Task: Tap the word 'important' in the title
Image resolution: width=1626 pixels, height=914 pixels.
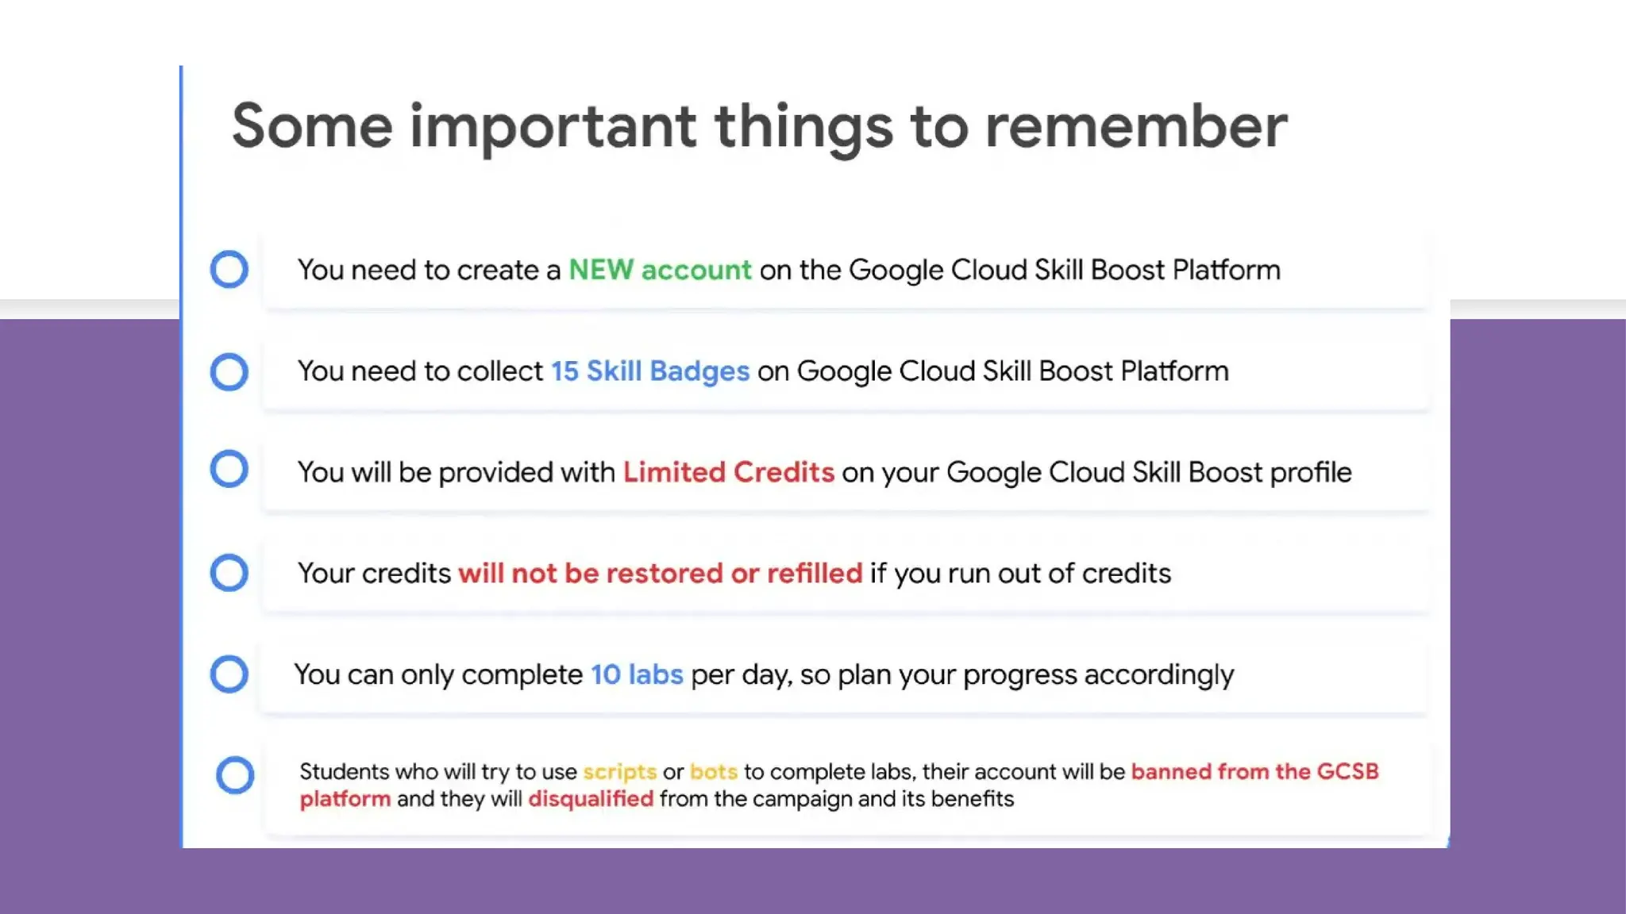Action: click(x=553, y=127)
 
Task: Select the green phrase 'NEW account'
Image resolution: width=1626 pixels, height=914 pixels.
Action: click(x=660, y=270)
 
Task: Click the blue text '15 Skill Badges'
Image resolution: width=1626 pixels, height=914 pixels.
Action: click(x=649, y=371)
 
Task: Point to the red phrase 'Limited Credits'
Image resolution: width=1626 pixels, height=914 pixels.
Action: click(x=728, y=472)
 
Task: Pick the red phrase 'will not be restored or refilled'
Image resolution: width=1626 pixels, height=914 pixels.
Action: click(x=660, y=573)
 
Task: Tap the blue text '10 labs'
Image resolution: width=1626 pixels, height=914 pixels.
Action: click(x=637, y=674)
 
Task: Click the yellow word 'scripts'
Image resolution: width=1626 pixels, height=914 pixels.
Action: click(x=619, y=771)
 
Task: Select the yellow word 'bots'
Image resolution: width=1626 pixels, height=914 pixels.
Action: click(x=713, y=771)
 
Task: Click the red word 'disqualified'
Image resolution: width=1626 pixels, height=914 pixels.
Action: click(x=591, y=798)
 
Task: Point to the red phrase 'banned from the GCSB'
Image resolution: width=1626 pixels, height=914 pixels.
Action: click(x=1254, y=771)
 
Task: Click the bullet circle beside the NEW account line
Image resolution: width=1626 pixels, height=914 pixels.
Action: click(x=229, y=269)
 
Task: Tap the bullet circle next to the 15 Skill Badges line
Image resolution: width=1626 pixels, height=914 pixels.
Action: click(x=229, y=371)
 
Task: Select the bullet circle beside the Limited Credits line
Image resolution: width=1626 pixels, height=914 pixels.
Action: click(x=229, y=469)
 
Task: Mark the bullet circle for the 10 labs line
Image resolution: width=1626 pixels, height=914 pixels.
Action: click(x=229, y=674)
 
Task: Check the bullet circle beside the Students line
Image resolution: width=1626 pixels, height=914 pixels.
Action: click(x=235, y=775)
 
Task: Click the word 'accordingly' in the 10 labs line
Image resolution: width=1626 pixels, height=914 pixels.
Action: click(x=1158, y=674)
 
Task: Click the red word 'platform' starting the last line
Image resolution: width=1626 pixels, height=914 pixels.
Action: click(x=345, y=798)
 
